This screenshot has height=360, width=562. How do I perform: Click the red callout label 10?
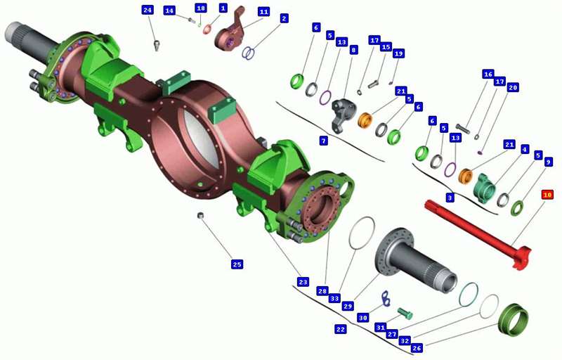point(547,195)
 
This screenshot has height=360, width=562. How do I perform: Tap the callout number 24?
point(148,10)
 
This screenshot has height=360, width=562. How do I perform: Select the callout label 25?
point(237,264)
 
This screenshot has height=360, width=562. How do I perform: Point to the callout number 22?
point(341,329)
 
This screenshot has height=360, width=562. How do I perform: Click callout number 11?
point(264,12)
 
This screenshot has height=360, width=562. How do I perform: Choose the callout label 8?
point(353,50)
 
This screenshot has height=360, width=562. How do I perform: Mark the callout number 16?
point(488,75)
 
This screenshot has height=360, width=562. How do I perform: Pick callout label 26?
point(417,347)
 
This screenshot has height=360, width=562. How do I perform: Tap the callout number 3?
point(450,197)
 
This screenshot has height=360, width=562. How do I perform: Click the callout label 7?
point(324,141)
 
